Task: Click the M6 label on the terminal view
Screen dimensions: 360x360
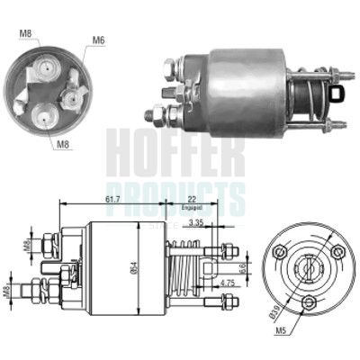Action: click(98, 40)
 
